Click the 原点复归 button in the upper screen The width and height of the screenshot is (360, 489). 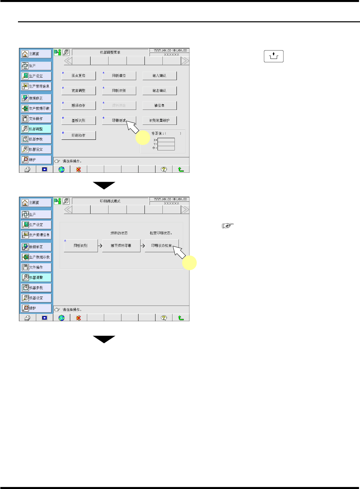pos(79,76)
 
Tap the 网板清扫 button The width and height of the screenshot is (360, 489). pos(119,76)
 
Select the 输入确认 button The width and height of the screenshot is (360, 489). pos(160,76)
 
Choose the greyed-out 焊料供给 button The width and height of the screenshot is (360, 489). pos(119,106)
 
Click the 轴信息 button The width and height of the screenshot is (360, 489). pos(160,106)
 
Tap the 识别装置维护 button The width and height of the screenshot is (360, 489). pos(160,121)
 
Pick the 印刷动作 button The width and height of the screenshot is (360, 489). pos(79,135)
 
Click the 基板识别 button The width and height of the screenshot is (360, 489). pos(79,121)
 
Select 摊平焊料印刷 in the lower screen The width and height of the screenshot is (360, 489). pos(121,246)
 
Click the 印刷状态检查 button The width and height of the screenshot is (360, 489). pos(162,246)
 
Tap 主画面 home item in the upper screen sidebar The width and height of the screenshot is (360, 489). pos(36,54)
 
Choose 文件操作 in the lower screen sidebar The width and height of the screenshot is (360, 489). pos(36,267)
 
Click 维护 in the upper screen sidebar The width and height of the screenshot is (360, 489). pos(36,160)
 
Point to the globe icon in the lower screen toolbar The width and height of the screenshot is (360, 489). pos(62,318)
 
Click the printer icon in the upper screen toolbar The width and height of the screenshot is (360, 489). pos(28,169)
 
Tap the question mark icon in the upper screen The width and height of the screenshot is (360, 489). pos(164,169)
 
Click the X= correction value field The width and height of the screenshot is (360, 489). pos(166,140)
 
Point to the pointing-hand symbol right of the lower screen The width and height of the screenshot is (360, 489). pos(228,226)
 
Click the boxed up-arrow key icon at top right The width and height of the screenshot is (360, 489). pos(274,56)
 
